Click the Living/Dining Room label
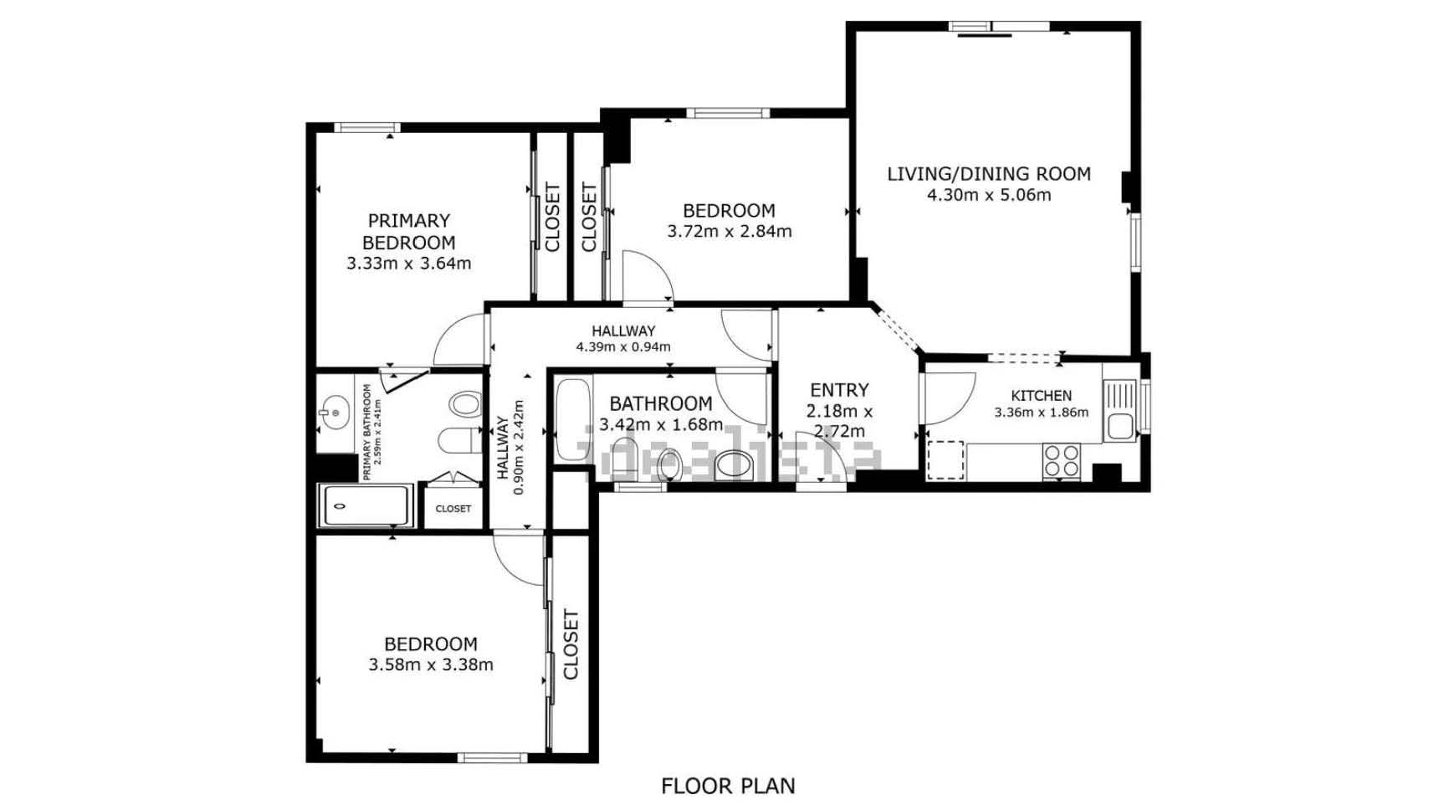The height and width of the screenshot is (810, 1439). (989, 174)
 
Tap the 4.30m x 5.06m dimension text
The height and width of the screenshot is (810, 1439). (989, 195)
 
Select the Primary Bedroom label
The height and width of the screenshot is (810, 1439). (409, 232)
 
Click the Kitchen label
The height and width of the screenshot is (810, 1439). (1042, 396)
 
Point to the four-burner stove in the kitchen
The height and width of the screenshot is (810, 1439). (1061, 461)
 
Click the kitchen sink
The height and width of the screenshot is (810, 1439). (1119, 410)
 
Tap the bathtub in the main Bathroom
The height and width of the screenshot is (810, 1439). (573, 419)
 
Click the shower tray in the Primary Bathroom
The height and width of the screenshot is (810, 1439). (366, 505)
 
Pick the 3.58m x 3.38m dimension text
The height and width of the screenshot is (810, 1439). (431, 665)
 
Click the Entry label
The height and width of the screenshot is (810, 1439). (839, 390)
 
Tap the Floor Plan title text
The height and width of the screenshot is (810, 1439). (728, 787)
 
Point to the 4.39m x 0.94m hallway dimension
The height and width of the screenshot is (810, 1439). (623, 347)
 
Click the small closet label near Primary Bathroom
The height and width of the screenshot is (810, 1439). (453, 509)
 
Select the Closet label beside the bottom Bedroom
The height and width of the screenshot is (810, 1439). (571, 644)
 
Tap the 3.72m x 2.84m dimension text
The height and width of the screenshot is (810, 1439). (730, 232)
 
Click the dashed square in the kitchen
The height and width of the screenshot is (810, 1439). (946, 459)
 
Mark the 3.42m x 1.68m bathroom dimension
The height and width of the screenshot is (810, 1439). (661, 424)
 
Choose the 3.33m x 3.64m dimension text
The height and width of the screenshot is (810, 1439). (409, 264)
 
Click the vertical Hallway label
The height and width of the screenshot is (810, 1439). (503, 448)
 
